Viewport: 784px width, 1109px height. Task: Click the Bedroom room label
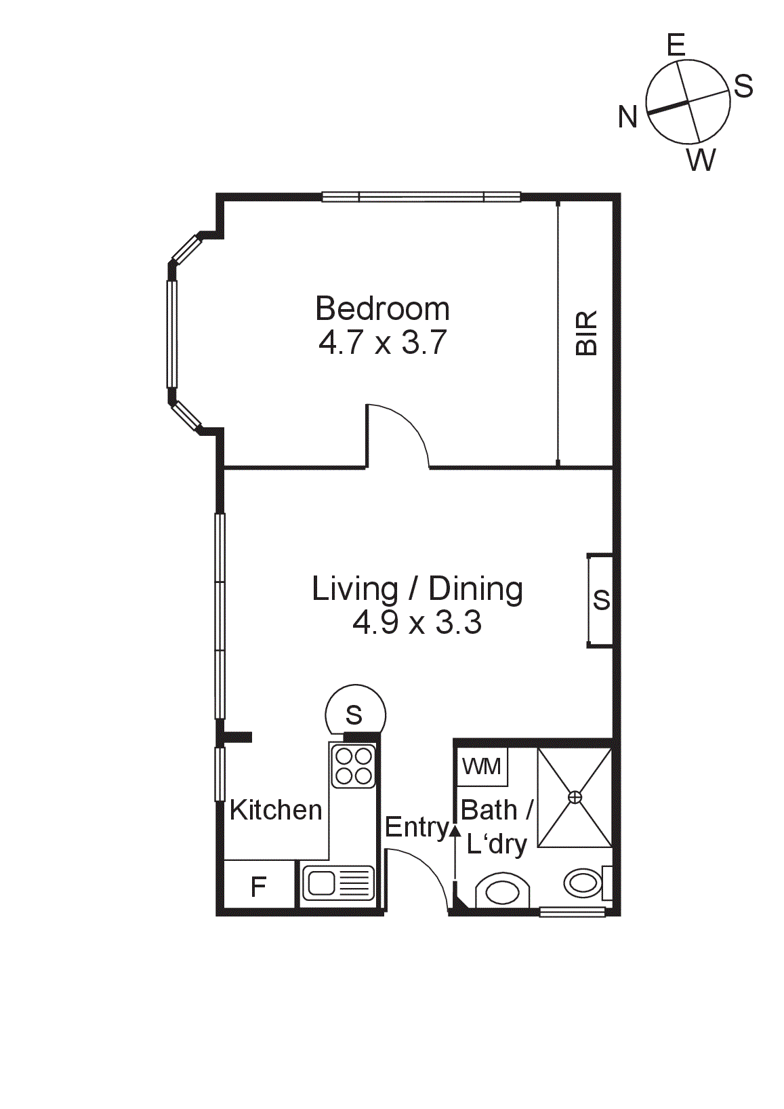382,309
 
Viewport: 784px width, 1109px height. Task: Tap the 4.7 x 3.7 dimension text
382,342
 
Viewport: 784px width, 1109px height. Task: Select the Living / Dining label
417,589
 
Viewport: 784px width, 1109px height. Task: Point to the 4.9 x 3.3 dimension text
417,622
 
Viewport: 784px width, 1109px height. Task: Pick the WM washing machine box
482,767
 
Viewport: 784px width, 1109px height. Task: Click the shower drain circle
575,797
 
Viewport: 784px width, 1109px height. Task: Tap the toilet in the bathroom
502,889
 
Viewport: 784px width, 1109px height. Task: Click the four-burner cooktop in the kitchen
353,765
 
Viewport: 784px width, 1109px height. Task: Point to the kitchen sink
337,883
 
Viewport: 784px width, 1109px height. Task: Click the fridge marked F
258,886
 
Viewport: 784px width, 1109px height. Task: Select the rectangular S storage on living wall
601,600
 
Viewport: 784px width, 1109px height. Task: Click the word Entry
416,827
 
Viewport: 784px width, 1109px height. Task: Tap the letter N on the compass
627,117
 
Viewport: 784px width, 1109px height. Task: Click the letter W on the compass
701,161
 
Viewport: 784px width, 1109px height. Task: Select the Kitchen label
276,810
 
